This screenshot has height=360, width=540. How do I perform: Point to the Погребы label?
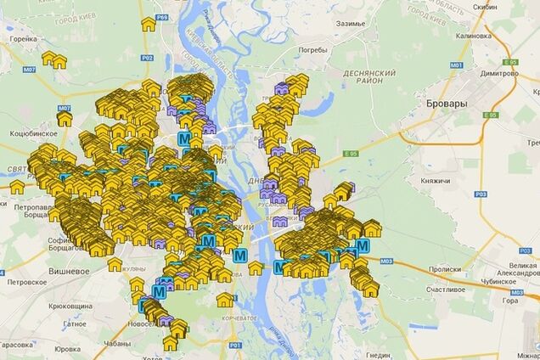[x=312, y=50]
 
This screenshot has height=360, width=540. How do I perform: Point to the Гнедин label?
[x=377, y=355]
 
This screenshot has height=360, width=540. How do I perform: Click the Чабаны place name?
[x=113, y=344]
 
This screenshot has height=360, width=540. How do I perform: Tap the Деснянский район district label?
[x=366, y=79]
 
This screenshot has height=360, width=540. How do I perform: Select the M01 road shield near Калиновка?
[x=456, y=65]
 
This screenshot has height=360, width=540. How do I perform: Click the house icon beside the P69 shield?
[x=149, y=25]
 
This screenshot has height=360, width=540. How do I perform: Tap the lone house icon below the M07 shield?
[x=65, y=120]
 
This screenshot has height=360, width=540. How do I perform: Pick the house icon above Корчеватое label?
[x=224, y=299]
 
